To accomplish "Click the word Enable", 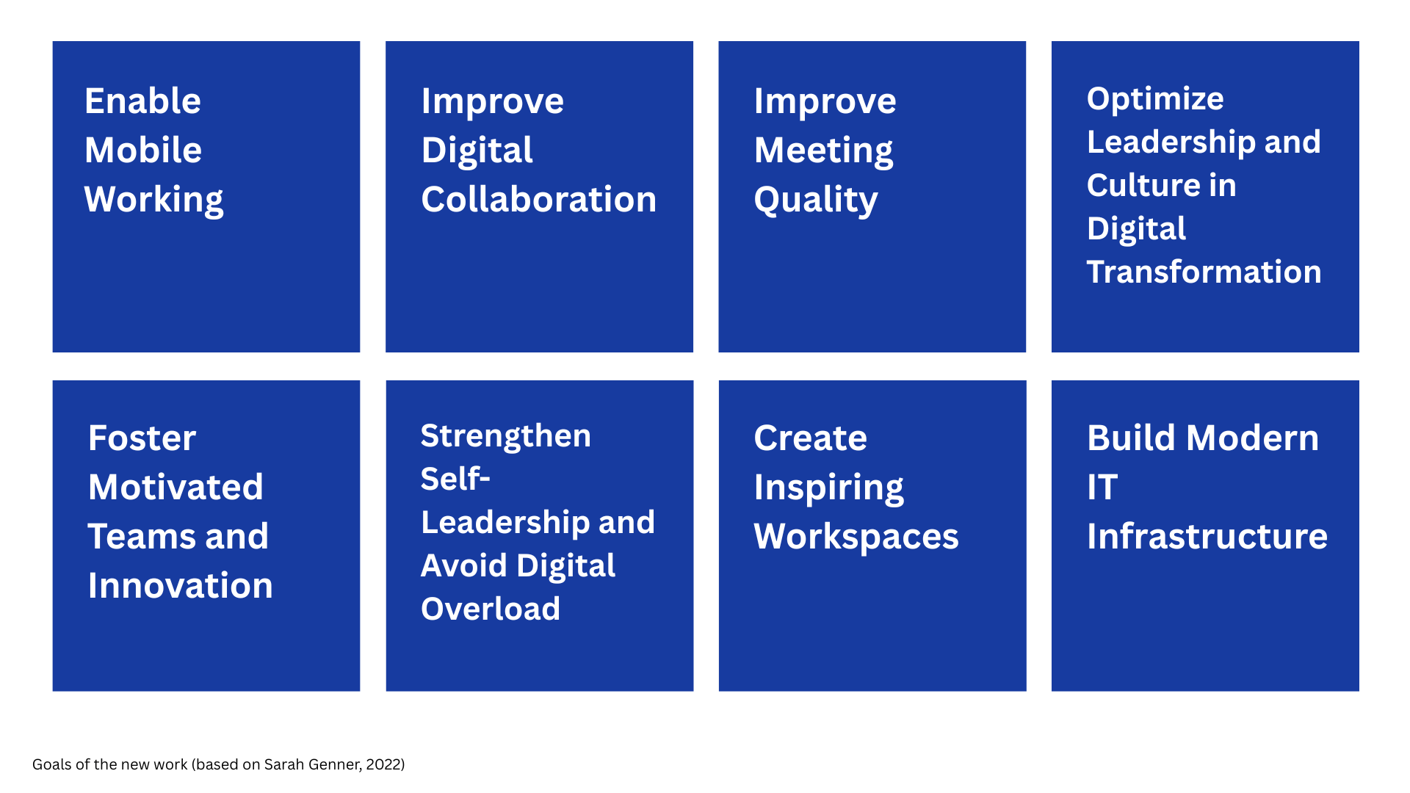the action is coord(142,101).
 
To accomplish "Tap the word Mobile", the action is coord(143,150).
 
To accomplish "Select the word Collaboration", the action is coord(539,199).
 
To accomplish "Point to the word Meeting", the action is coord(824,151).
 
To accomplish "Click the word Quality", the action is coord(816,200).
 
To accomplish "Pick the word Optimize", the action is coord(1155,99).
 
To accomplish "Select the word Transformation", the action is coord(1204,272).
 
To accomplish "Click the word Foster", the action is coord(142,438).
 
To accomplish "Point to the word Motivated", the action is coord(176,487).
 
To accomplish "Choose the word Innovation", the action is coord(181,585).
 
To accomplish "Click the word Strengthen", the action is coord(506,436).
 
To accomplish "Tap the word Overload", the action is coord(491,609).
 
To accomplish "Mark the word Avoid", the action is coord(464,565).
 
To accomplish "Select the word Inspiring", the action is coord(829,488).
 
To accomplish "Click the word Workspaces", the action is coord(856,537).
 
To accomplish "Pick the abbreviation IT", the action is coord(1102,487).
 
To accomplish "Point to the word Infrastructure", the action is coord(1207,536).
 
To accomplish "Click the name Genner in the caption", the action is coord(334,764).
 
